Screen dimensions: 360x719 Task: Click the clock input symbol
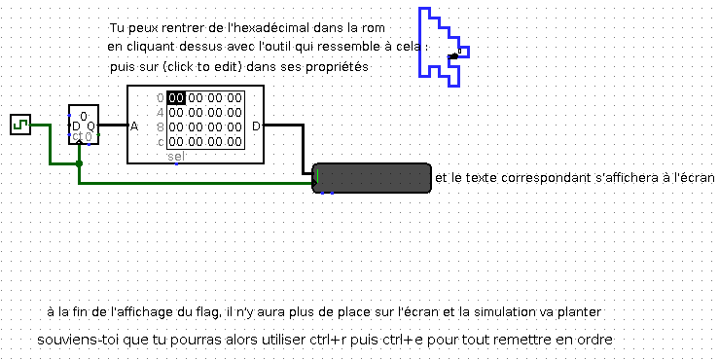20,124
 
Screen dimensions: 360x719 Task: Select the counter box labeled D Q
83,125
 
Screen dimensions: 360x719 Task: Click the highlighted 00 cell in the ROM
176,97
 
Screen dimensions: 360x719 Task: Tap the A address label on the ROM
134,126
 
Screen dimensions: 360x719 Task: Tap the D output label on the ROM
256,126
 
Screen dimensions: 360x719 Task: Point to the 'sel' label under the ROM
176,156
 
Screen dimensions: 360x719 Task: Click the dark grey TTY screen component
374,179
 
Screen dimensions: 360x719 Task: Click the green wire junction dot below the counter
80,163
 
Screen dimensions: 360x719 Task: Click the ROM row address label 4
161,112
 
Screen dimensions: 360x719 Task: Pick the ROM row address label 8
161,126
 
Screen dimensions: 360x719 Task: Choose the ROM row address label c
161,141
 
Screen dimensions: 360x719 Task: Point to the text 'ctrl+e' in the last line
424,341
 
